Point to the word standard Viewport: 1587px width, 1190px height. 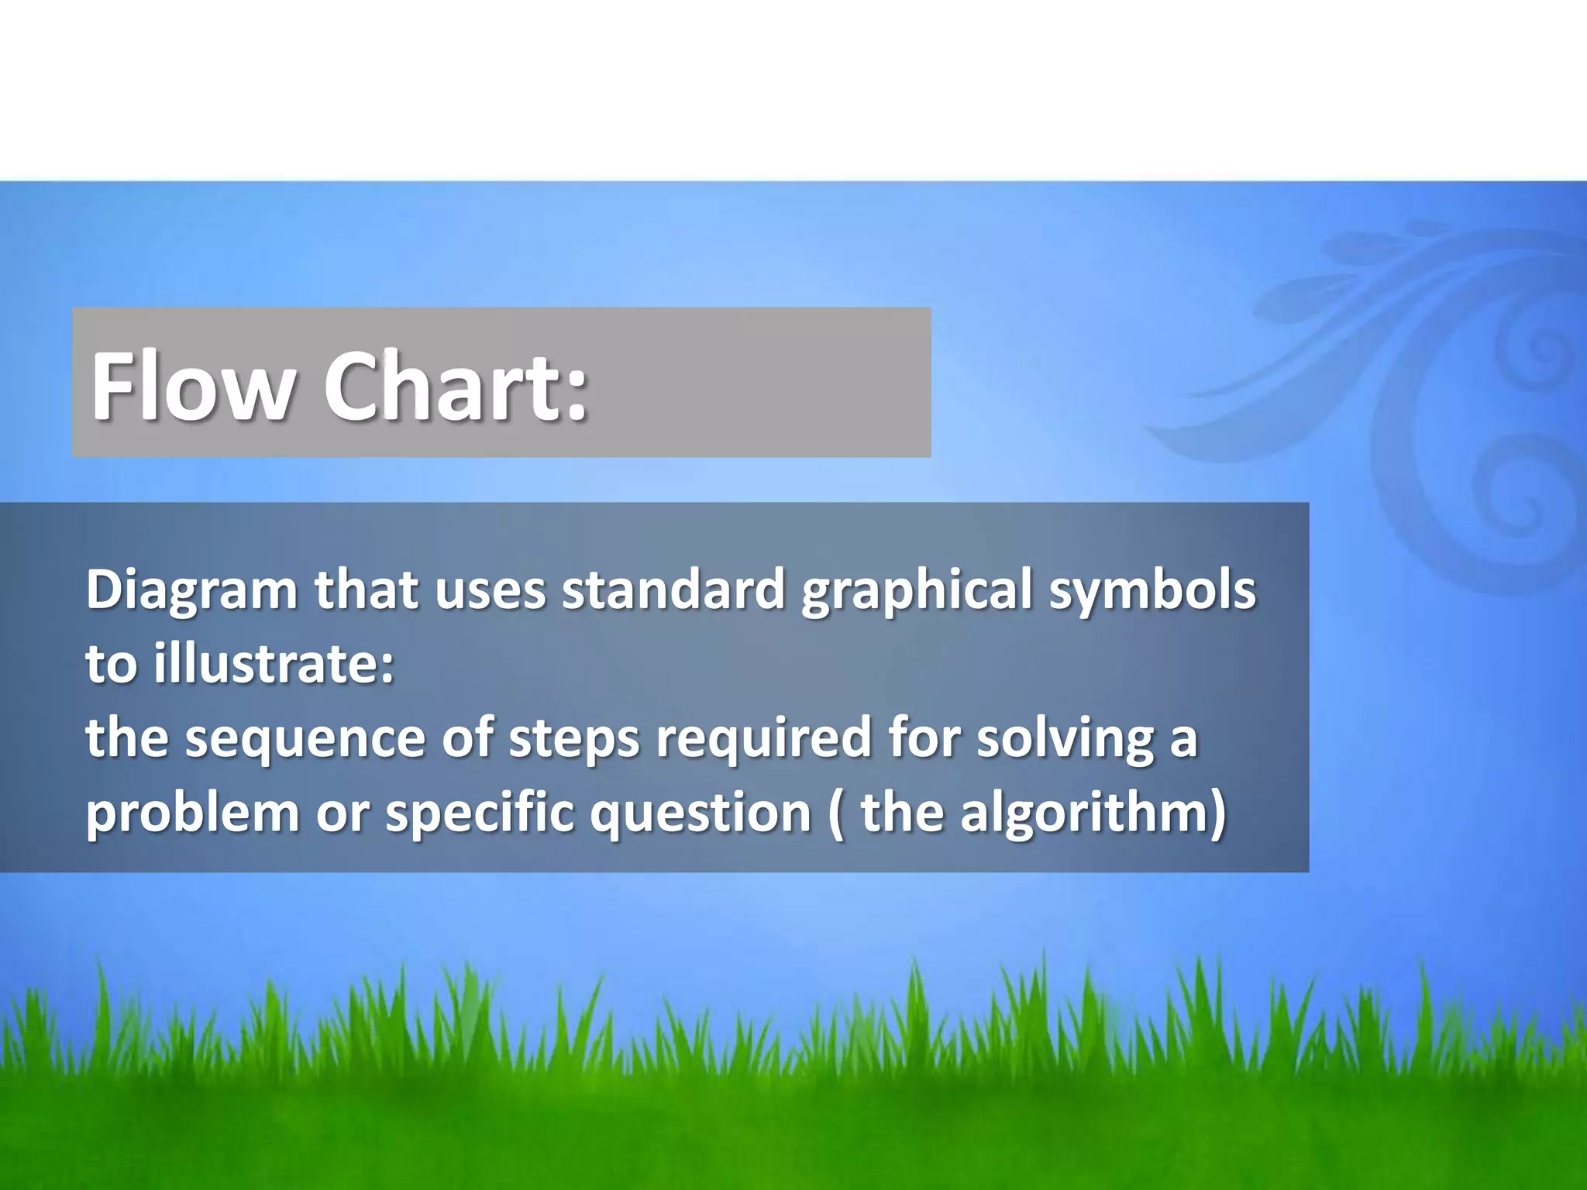click(x=673, y=590)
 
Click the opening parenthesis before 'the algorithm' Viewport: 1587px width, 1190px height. click(x=835, y=814)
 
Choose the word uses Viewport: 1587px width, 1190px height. click(x=491, y=591)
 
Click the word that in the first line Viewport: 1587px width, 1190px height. click(x=367, y=590)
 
